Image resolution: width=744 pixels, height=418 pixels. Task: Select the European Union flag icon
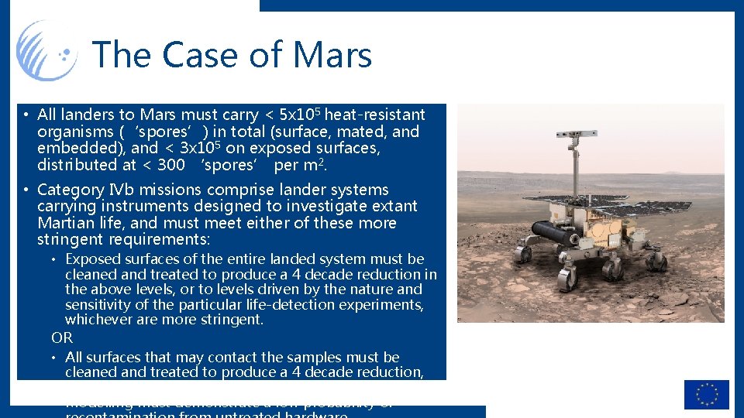coord(706,394)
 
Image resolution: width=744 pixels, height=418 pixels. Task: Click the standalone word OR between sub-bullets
coord(62,337)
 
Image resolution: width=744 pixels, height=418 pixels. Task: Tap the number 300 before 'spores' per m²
coord(170,165)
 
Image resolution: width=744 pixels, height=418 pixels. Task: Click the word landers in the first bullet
coord(85,115)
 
